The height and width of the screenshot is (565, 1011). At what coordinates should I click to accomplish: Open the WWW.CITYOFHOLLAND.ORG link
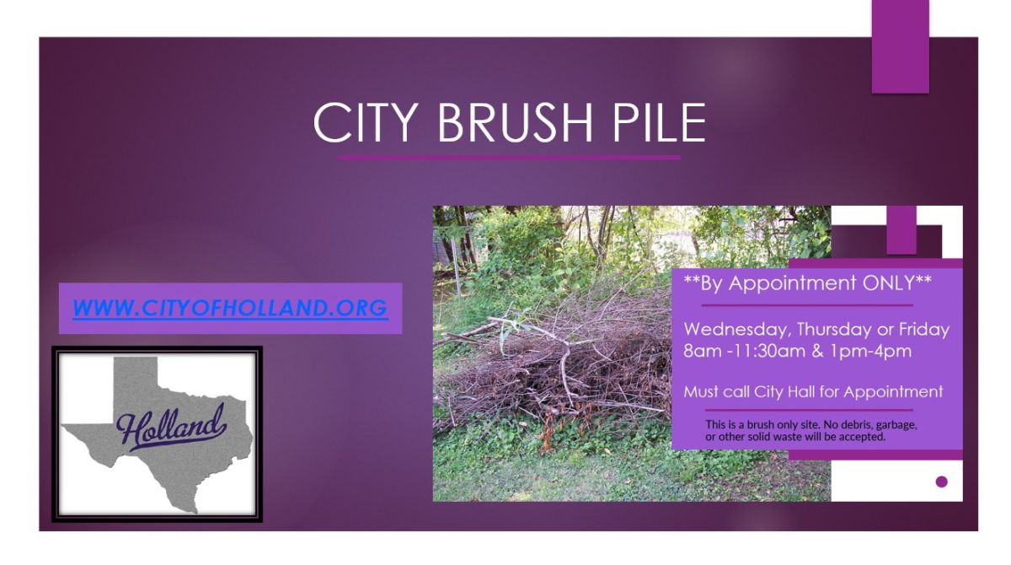(x=230, y=309)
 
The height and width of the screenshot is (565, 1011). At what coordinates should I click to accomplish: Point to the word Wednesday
(x=736, y=330)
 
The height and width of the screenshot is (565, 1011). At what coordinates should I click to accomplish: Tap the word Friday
(x=923, y=330)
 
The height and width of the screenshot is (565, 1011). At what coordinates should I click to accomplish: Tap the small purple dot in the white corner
(x=942, y=482)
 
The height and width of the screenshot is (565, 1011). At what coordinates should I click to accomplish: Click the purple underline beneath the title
(x=508, y=157)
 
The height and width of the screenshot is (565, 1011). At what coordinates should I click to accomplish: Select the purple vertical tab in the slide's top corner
(x=900, y=46)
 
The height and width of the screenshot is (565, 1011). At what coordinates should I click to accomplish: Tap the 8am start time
(x=701, y=351)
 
